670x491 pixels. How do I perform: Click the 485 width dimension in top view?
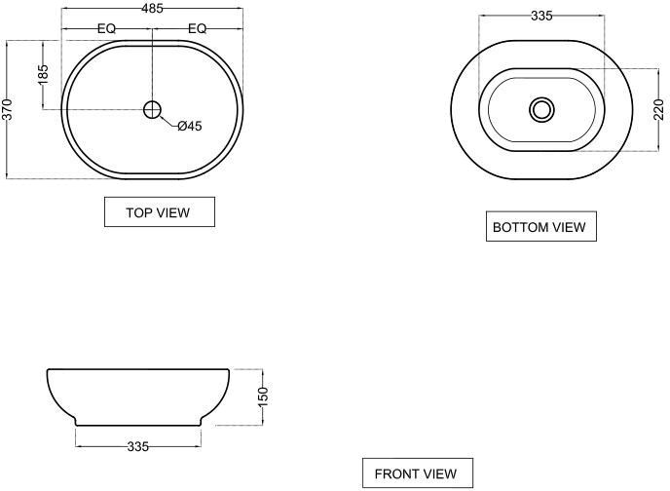click(x=153, y=8)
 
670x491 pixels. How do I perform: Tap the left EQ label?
click(x=107, y=28)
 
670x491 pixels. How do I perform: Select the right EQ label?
click(x=198, y=28)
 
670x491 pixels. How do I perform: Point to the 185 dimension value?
click(x=43, y=74)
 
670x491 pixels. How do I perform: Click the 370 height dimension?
click(x=8, y=109)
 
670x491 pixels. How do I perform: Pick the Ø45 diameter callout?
click(x=190, y=126)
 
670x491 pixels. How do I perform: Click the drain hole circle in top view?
click(x=152, y=110)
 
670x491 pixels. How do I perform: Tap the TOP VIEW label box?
click(x=160, y=212)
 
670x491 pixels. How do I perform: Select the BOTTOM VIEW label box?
click(x=540, y=226)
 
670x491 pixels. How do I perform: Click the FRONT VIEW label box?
click(x=418, y=473)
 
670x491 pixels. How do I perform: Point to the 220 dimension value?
click(x=658, y=109)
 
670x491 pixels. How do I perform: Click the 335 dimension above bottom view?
click(x=541, y=16)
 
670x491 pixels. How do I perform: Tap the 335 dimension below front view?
click(x=138, y=446)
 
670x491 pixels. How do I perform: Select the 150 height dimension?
click(x=263, y=397)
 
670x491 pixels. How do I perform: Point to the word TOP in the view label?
click(x=137, y=212)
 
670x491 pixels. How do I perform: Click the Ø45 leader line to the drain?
click(x=168, y=121)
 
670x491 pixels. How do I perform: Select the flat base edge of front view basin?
click(x=138, y=425)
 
